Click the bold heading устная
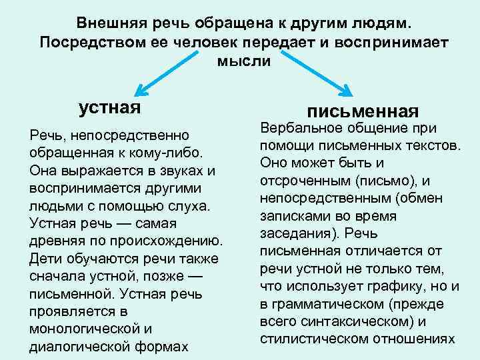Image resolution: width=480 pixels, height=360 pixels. [x=110, y=107]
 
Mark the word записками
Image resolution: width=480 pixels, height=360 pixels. [x=291, y=216]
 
